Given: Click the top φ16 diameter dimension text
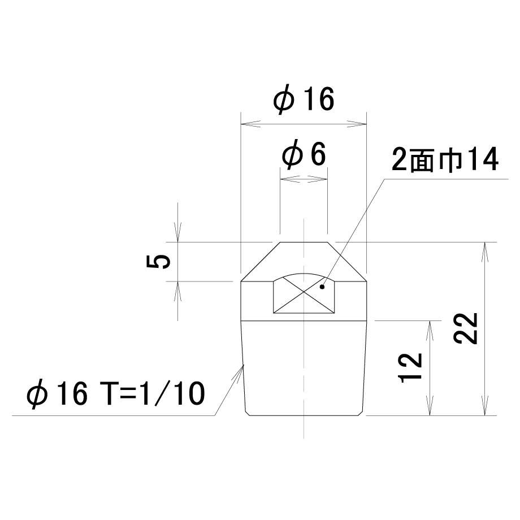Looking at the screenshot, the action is pyautogui.click(x=304, y=99).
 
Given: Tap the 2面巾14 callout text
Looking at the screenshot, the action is pyautogui.click(x=445, y=160).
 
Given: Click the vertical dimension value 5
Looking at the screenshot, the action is pyautogui.click(x=158, y=262).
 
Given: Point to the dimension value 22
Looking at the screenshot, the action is pyautogui.click(x=466, y=329).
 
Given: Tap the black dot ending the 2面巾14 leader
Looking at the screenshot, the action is pyautogui.click(x=322, y=287).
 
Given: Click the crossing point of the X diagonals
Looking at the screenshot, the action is pyautogui.click(x=304, y=292).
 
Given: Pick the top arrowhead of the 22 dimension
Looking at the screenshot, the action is pyautogui.click(x=485, y=252).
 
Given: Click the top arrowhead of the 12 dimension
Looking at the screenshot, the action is pyautogui.click(x=430, y=331).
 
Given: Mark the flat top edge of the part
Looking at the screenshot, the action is pyautogui.click(x=304, y=242).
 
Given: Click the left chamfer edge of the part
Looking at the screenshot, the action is pyautogui.click(x=261, y=262).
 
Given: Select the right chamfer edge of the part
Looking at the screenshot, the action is pyautogui.click(x=347, y=262).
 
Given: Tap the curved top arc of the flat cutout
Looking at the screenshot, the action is pyautogui.click(x=304, y=274).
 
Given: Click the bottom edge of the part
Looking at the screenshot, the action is pyautogui.click(x=304, y=415).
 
